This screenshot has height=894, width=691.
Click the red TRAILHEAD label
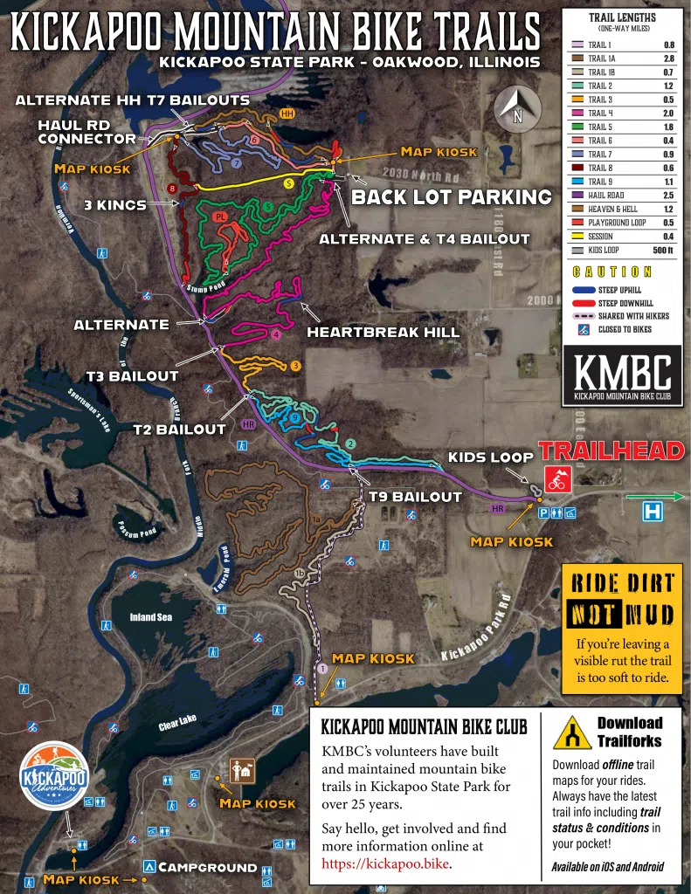[x=610, y=450]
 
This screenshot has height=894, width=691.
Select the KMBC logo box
[x=622, y=375]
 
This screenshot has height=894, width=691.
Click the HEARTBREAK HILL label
[x=370, y=333]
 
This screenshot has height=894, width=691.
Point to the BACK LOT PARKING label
[x=451, y=197]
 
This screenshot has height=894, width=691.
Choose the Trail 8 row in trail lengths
[x=622, y=168]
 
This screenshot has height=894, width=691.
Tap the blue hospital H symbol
[x=652, y=512]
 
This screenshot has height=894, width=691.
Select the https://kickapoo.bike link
[x=385, y=864]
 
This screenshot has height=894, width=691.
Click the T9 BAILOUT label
[x=414, y=497]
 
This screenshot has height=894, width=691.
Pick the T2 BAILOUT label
[x=179, y=429]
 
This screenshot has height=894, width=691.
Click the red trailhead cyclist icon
[x=556, y=479]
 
